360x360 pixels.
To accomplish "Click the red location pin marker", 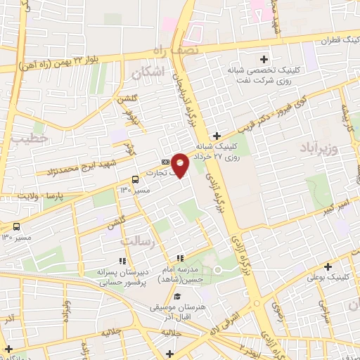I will pyautogui.click(x=180, y=165).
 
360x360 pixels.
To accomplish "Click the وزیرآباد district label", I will pyautogui.click(x=323, y=150).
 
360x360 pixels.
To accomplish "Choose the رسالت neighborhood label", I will pyautogui.click(x=136, y=240).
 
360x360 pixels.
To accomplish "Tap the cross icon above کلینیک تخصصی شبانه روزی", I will pyautogui.click(x=264, y=58).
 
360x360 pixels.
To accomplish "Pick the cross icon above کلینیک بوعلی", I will pyautogui.click(x=328, y=266).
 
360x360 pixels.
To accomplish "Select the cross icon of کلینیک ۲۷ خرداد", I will pyautogui.click(x=217, y=136).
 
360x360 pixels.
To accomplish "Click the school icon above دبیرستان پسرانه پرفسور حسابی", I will pyautogui.click(x=123, y=261).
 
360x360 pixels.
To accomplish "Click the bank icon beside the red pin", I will pyautogui.click(x=165, y=161).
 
